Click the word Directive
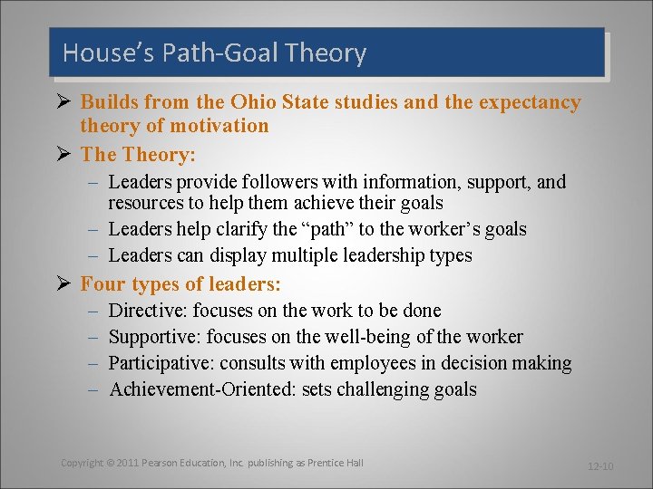pyautogui.click(x=145, y=311)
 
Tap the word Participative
pyautogui.click(x=161, y=364)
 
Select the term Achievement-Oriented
pyautogui.click(x=200, y=390)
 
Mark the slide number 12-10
pyautogui.click(x=600, y=466)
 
